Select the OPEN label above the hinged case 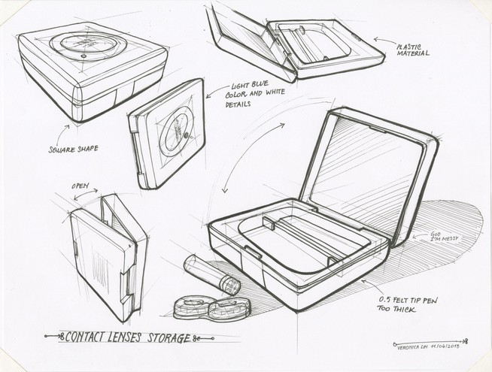click(80, 185)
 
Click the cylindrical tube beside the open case click(211, 274)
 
